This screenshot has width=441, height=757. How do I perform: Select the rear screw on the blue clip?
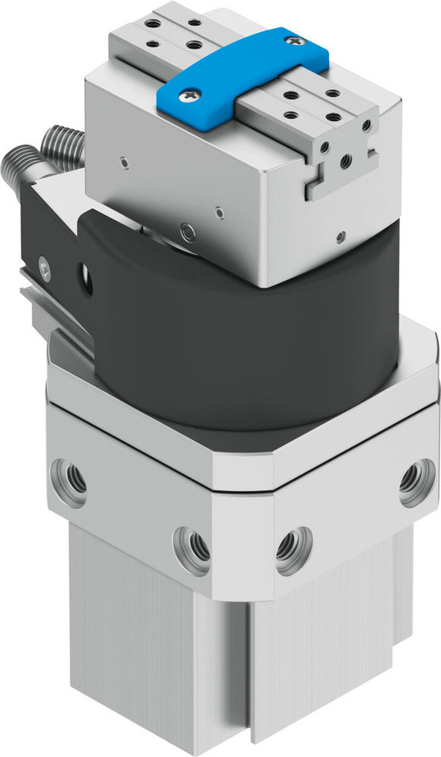click(x=297, y=40)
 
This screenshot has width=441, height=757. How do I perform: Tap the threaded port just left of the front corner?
click(x=191, y=548)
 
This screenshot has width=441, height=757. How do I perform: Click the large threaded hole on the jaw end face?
click(x=346, y=161)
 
